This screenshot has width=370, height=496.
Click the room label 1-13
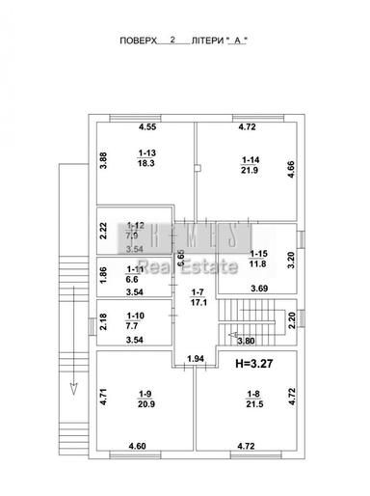(x=147, y=152)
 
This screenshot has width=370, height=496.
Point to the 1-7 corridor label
(x=197, y=292)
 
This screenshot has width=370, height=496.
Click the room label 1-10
(x=137, y=314)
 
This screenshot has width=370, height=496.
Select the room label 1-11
(x=137, y=271)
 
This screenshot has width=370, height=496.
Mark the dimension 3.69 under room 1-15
(x=259, y=287)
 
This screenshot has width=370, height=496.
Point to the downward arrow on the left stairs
(x=70, y=389)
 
